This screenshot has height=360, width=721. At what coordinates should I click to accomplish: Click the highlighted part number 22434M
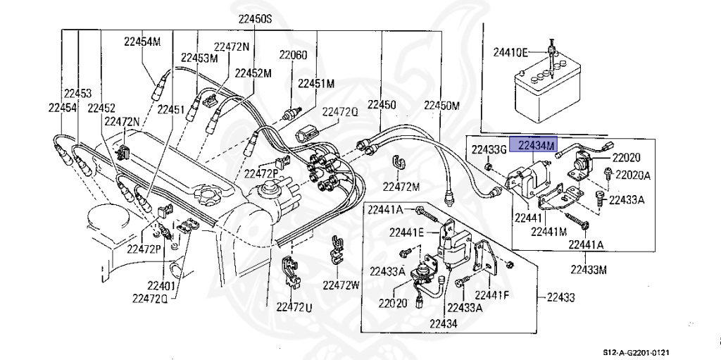tap(537, 145)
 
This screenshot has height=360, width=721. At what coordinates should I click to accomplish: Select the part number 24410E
tap(511, 51)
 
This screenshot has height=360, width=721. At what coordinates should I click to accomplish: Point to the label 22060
tap(293, 55)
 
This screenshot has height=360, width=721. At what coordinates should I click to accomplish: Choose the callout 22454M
tap(142, 42)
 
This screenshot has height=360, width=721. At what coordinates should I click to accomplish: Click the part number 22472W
tap(341, 285)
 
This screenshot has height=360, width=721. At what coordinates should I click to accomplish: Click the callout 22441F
tap(492, 294)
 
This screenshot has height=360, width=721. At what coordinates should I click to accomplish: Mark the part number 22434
tap(442, 323)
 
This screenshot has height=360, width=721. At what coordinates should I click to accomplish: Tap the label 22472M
tap(401, 187)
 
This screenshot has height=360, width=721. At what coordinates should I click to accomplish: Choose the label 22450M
tap(441, 106)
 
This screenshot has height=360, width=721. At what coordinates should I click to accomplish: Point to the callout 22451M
tap(315, 83)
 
